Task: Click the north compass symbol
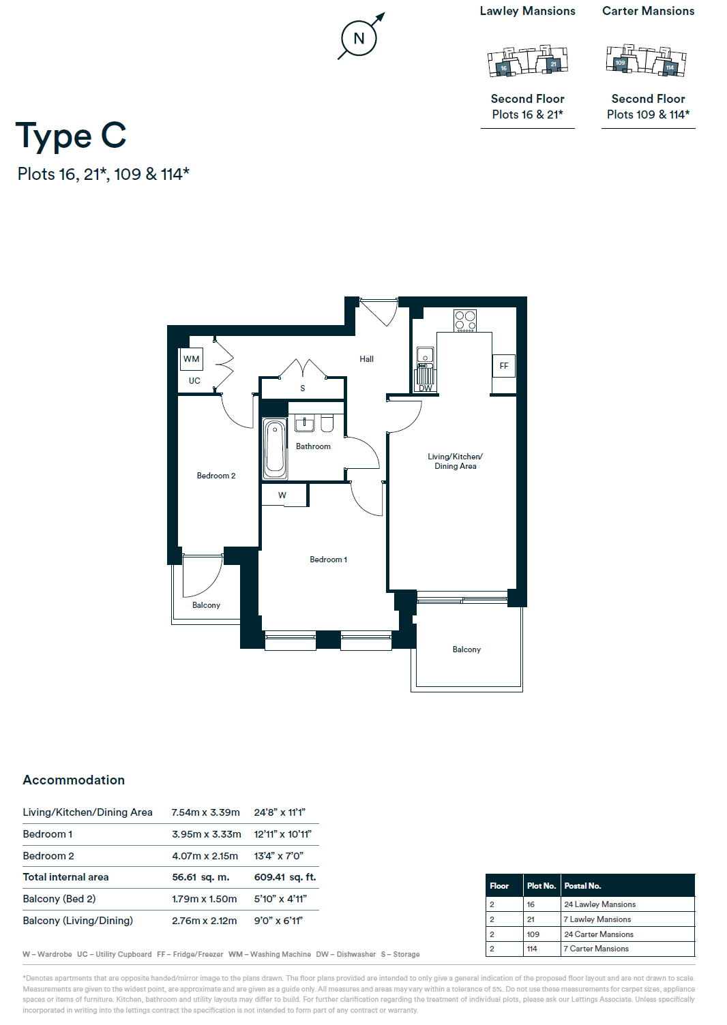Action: point(359,38)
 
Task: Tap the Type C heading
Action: point(71,136)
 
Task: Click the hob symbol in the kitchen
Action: point(465,320)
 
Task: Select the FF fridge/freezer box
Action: point(503,366)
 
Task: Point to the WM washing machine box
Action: point(192,359)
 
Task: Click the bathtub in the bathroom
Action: point(276,449)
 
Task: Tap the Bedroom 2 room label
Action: point(216,476)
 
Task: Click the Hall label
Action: point(366,359)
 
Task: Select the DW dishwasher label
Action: point(426,388)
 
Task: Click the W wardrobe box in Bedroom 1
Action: point(283,495)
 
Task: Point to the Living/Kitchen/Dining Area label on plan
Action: point(455,461)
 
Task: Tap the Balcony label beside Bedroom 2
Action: point(206,605)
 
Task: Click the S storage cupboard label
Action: point(302,388)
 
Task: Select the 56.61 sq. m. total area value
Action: point(201,877)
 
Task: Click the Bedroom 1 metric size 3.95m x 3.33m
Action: point(206,834)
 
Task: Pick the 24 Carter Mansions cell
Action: point(599,934)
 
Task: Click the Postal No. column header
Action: point(582,886)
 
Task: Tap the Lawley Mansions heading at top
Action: point(527,11)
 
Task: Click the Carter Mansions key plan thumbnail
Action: point(646,61)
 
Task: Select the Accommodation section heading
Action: point(74,780)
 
